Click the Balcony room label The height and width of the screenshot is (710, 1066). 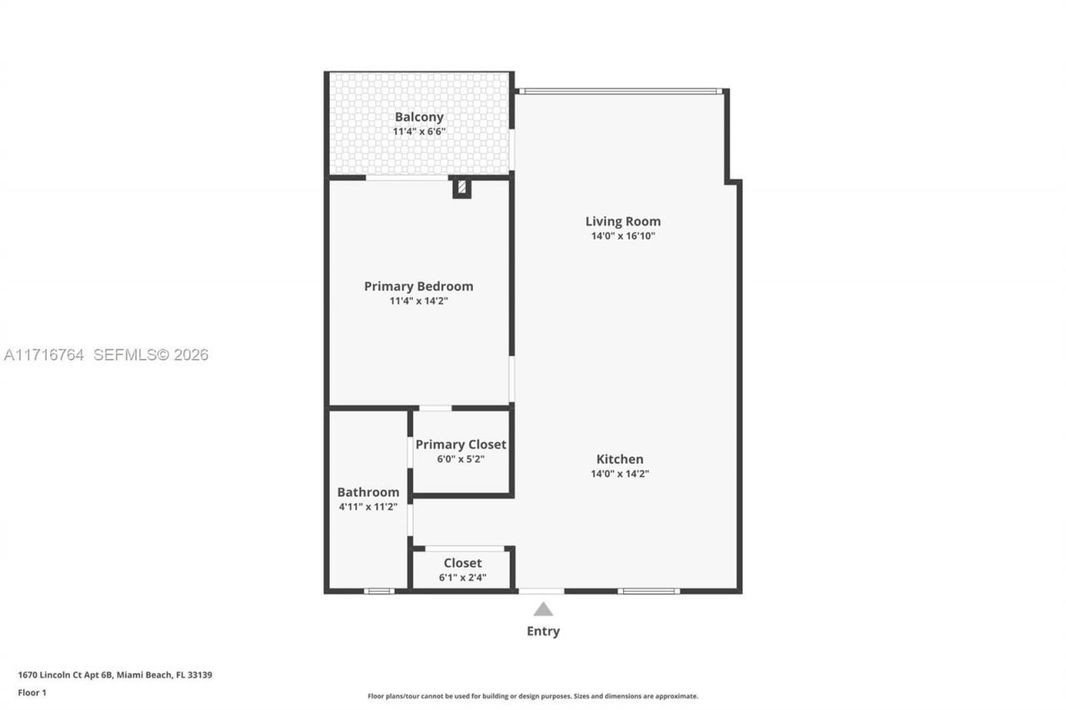(x=419, y=117)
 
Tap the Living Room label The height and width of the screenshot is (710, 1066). (x=623, y=221)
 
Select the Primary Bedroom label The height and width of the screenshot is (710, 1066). (x=418, y=286)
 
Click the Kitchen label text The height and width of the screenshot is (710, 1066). (x=620, y=459)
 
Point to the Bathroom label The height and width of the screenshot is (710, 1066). (x=368, y=493)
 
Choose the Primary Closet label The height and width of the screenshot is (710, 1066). (x=461, y=444)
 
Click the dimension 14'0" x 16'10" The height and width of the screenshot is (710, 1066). (x=623, y=236)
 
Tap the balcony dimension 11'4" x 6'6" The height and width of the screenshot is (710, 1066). (x=419, y=132)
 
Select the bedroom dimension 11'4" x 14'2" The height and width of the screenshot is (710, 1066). (x=418, y=301)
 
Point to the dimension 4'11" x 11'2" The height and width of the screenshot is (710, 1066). (x=368, y=507)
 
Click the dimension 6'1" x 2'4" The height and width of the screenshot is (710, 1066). (x=462, y=578)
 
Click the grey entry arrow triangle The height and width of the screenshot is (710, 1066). (x=543, y=609)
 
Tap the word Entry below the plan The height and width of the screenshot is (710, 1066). (x=543, y=631)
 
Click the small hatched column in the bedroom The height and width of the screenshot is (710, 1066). (x=461, y=187)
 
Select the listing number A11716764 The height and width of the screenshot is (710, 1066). (x=44, y=355)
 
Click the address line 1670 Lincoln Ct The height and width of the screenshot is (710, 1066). (x=115, y=675)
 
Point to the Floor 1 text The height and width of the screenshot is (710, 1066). (x=32, y=693)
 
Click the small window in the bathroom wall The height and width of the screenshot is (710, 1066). (x=379, y=591)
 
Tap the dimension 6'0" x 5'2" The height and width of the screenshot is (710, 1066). (x=461, y=459)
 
